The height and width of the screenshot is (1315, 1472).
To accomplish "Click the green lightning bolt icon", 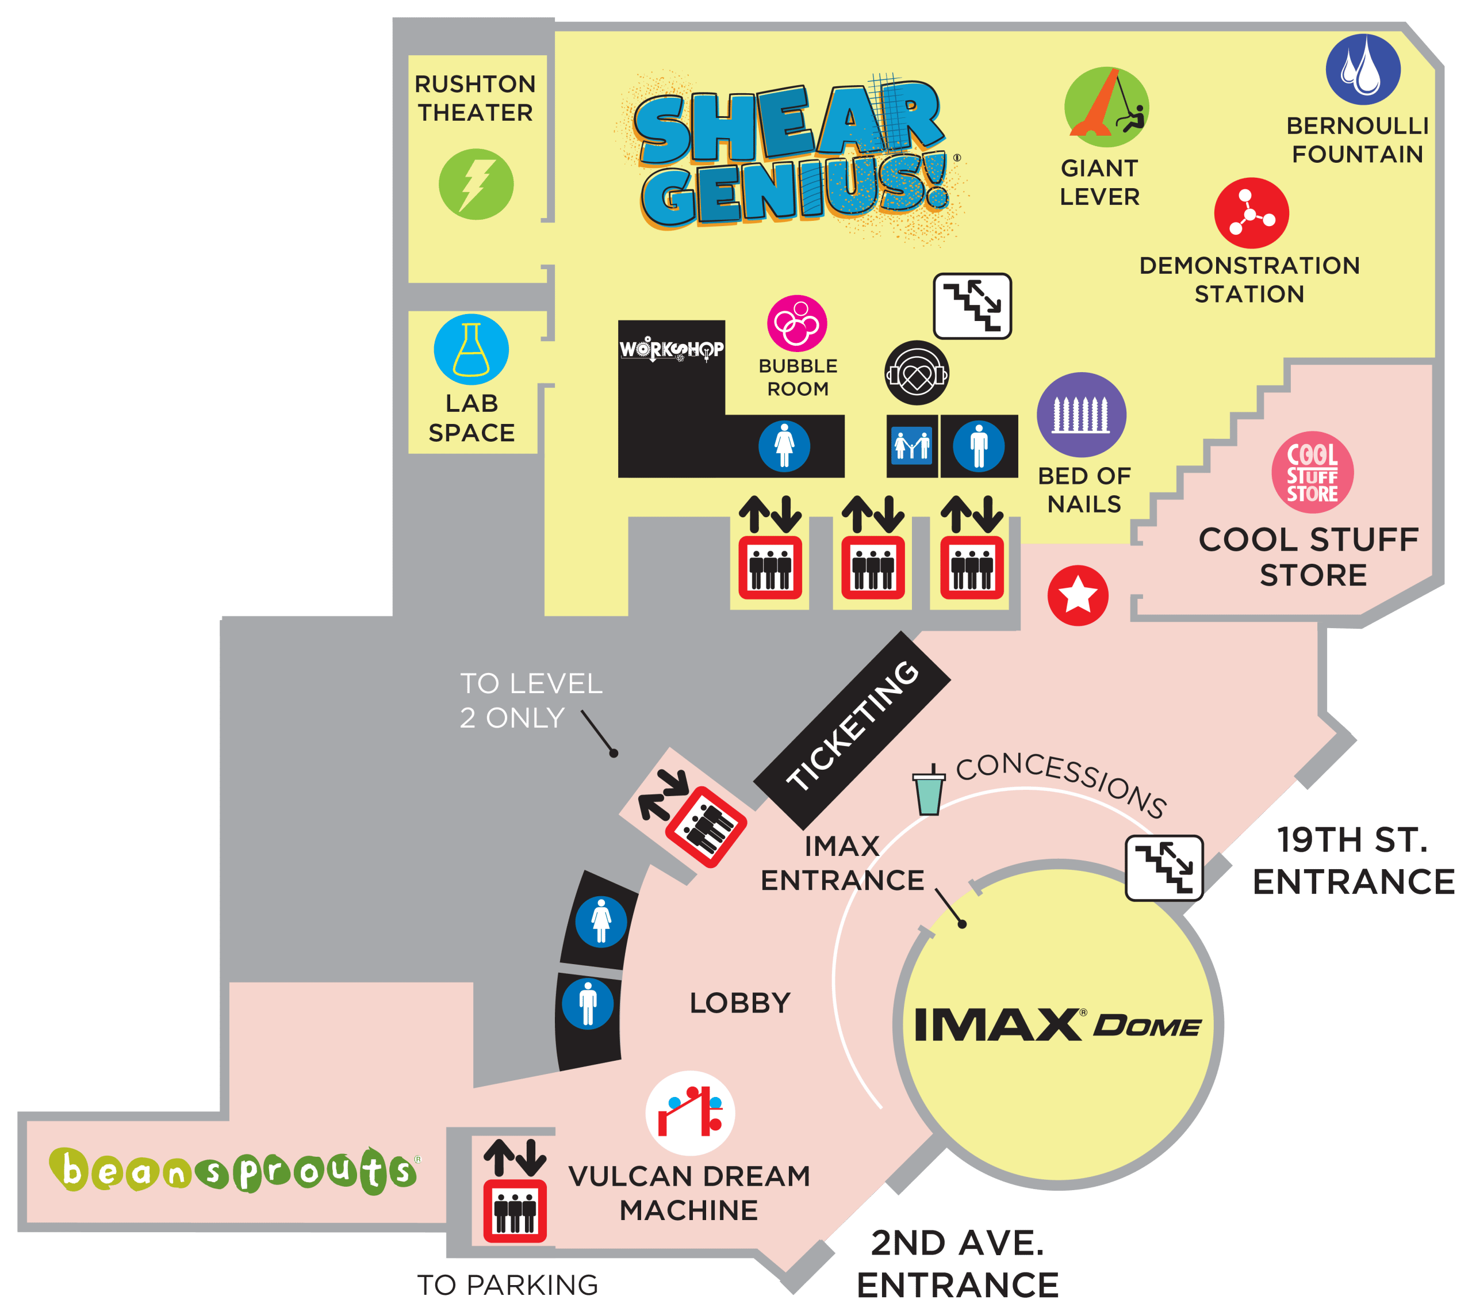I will (476, 184).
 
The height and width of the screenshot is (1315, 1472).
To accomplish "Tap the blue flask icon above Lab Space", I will (471, 349).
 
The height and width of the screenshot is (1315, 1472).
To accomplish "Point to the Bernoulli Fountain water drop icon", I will (1362, 70).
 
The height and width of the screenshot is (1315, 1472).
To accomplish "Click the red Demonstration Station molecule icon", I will (1251, 213).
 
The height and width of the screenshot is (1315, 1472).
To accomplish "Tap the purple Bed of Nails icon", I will (1081, 415).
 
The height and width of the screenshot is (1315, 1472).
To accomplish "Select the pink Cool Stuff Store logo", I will (1312, 472).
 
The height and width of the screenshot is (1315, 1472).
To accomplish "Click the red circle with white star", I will (1078, 595).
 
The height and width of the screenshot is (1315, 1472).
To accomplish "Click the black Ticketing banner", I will (852, 730).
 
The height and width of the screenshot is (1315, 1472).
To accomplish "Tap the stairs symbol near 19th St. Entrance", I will (1164, 868).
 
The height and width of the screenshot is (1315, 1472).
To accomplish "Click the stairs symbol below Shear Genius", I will (972, 305).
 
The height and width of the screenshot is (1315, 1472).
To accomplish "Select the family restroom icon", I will (911, 445).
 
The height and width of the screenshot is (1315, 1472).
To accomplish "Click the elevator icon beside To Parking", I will (514, 1210).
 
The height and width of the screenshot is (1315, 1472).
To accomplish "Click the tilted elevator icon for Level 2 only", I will (705, 827).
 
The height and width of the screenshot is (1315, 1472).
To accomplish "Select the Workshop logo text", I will (671, 350).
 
